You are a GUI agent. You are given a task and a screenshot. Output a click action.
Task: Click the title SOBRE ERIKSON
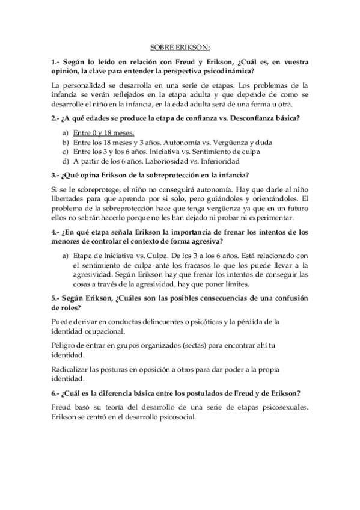tap(180, 49)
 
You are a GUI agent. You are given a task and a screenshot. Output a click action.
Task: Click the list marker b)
tap(65, 143)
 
